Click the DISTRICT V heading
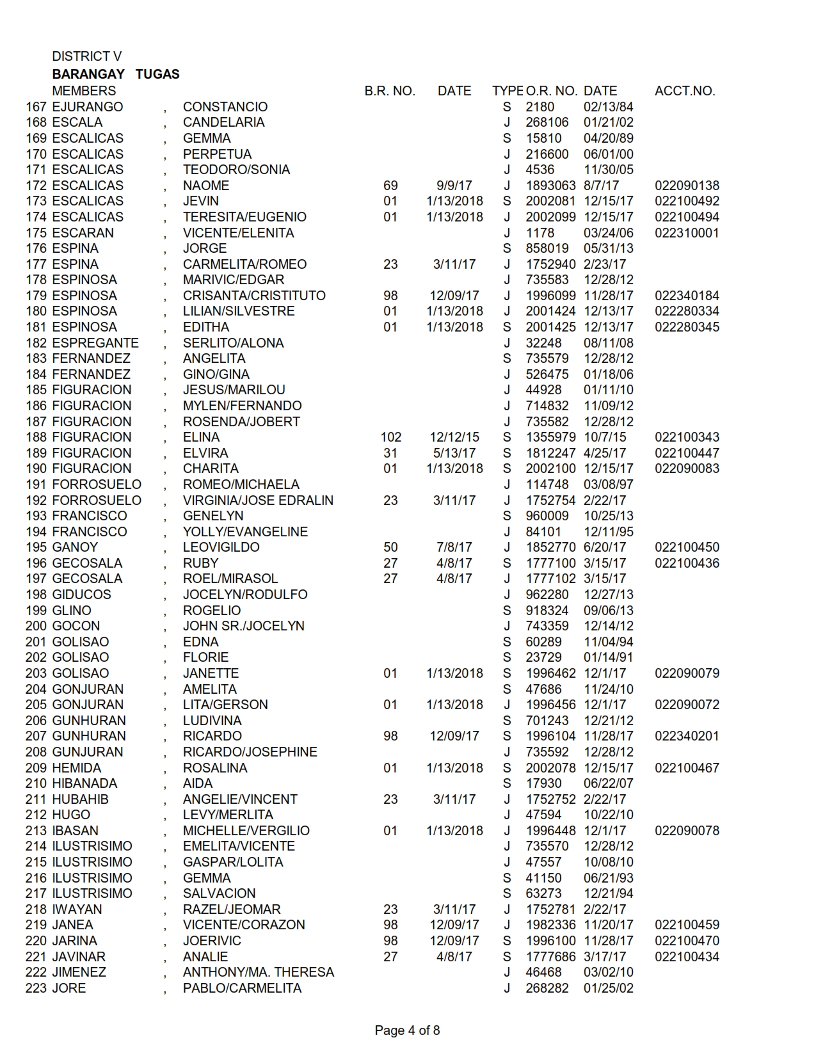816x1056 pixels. coord(86,56)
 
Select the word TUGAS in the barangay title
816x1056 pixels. coord(157,74)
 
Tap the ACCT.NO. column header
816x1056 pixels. coord(684,91)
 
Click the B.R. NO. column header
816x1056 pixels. coord(390,91)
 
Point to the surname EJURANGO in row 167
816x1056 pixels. coord(87,107)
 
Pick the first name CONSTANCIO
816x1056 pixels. coord(225,107)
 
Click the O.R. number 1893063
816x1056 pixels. coord(550,186)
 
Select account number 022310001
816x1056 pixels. coord(687,233)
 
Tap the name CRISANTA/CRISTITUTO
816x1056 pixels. coord(254,296)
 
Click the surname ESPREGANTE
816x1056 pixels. coord(95,343)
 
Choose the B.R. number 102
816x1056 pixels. coord(390,437)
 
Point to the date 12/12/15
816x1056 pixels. coord(454,437)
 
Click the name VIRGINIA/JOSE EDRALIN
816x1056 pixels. coord(258,500)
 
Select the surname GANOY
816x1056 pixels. coord(75,547)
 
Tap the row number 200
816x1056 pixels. coord(36,626)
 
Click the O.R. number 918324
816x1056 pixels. coord(547,611)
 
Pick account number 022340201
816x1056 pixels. coord(687,736)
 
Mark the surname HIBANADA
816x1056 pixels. coord(84,783)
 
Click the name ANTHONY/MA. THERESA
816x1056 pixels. coord(259,972)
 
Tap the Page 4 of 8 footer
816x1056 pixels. coord(407,1030)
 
